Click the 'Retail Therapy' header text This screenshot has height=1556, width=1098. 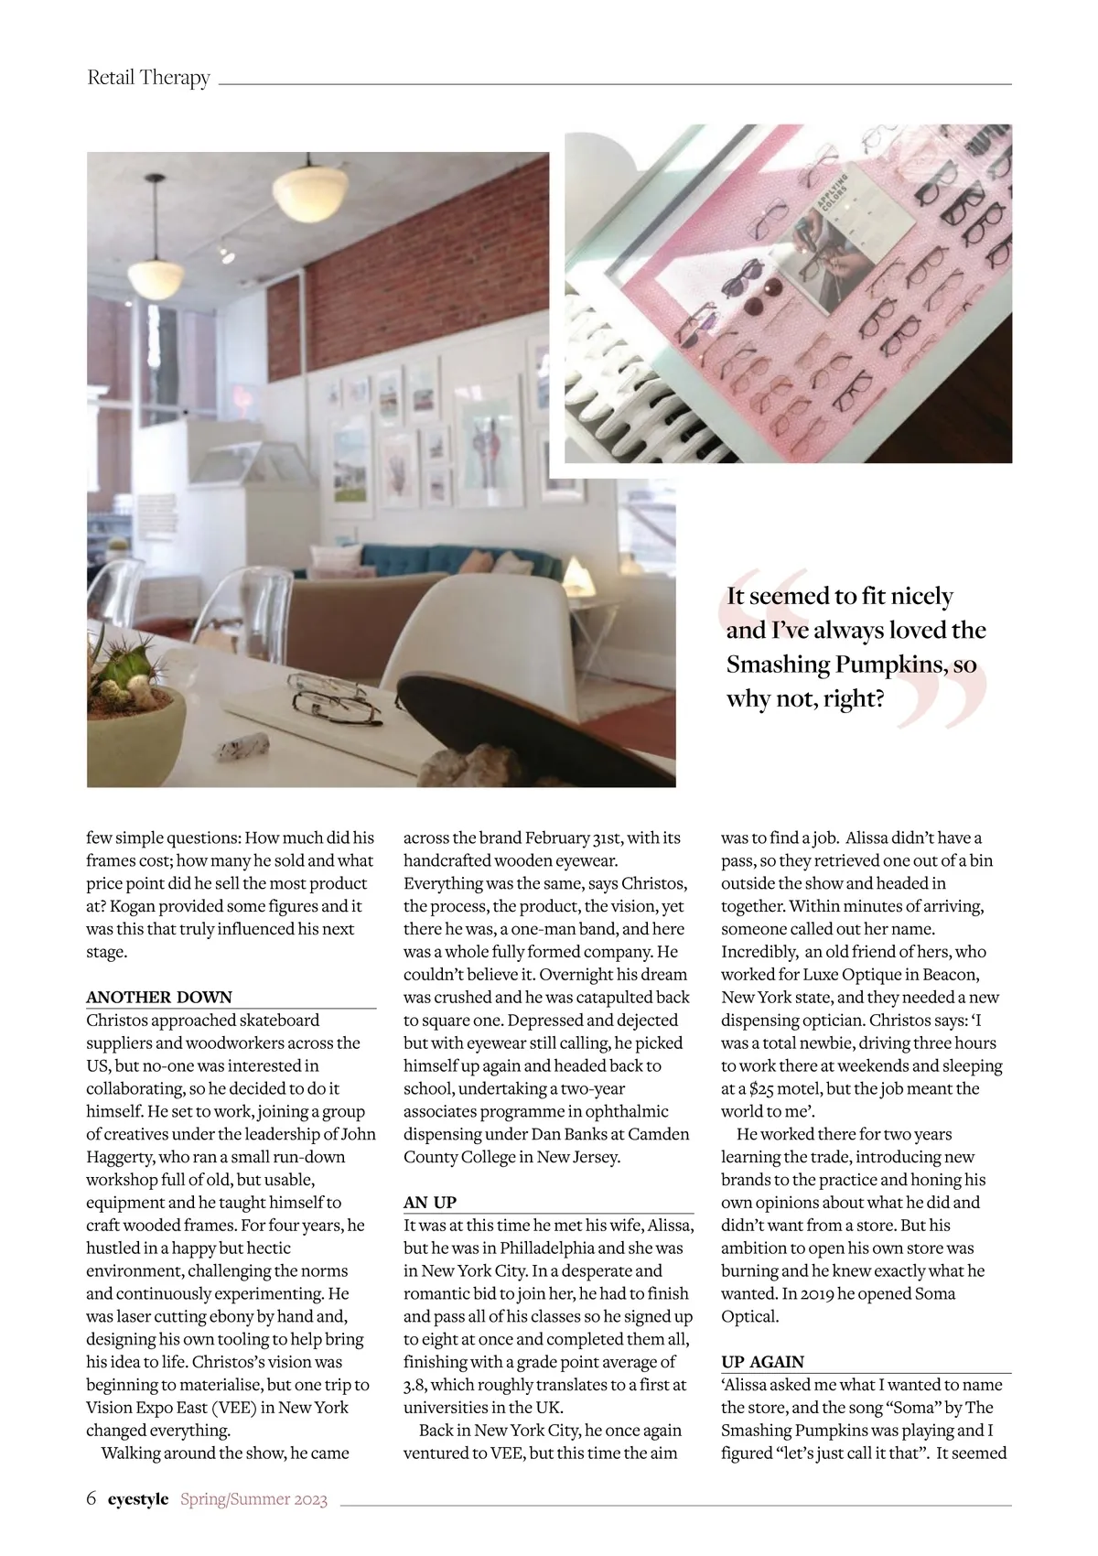(x=148, y=78)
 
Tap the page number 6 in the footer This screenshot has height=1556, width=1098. (x=91, y=1498)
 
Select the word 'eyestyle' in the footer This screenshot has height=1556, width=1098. (x=138, y=1499)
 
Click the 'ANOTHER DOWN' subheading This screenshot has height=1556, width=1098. (x=159, y=997)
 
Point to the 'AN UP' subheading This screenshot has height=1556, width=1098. (x=430, y=1202)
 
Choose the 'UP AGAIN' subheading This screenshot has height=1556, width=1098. (x=762, y=1361)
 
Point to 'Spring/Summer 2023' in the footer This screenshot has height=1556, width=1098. (x=253, y=1499)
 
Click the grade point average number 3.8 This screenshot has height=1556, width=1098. (x=415, y=1385)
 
